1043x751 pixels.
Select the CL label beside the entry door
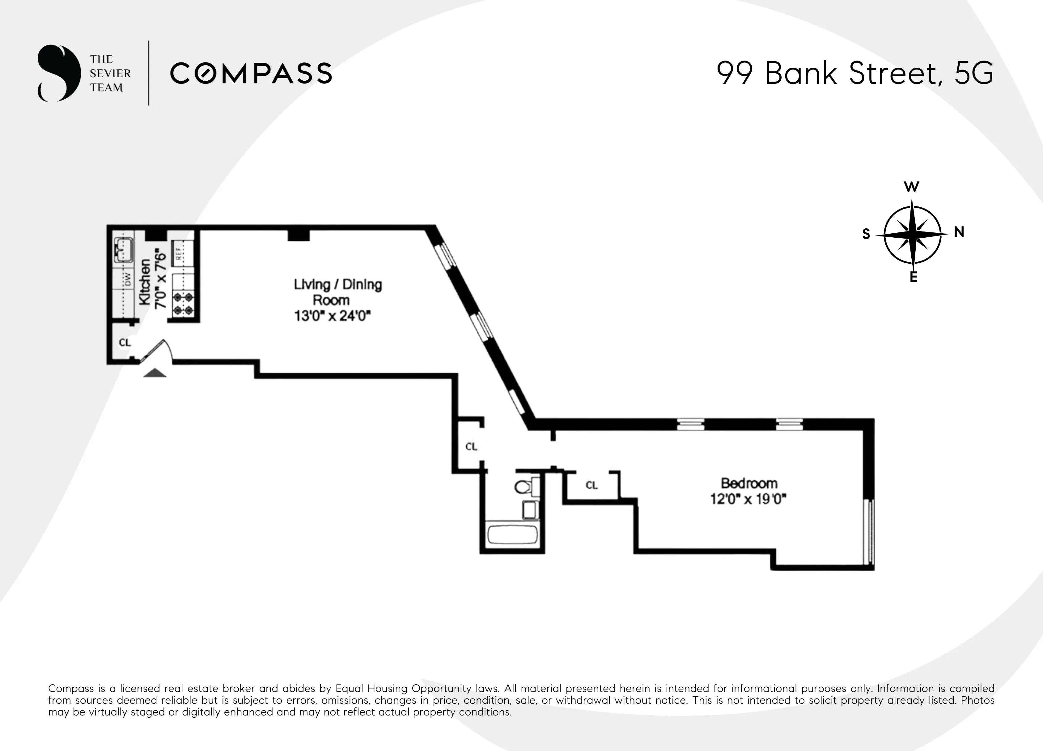click(x=125, y=343)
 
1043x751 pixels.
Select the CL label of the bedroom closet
click(x=591, y=485)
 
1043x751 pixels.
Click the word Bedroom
click(x=749, y=483)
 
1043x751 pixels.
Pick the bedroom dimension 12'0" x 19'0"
click(x=748, y=499)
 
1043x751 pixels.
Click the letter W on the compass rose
click(x=911, y=187)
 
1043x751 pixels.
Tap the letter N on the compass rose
click(x=959, y=232)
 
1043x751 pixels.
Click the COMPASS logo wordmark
click(x=251, y=74)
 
